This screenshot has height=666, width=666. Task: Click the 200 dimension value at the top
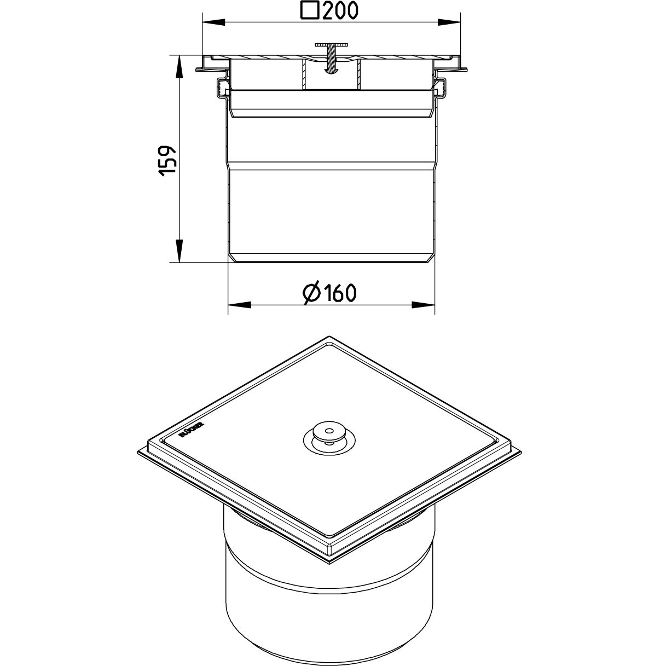pos(340,10)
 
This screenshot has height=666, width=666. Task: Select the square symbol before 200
pos(310,10)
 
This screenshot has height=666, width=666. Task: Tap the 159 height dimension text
pos(168,161)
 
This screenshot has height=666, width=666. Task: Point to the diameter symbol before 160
pos(312,294)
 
